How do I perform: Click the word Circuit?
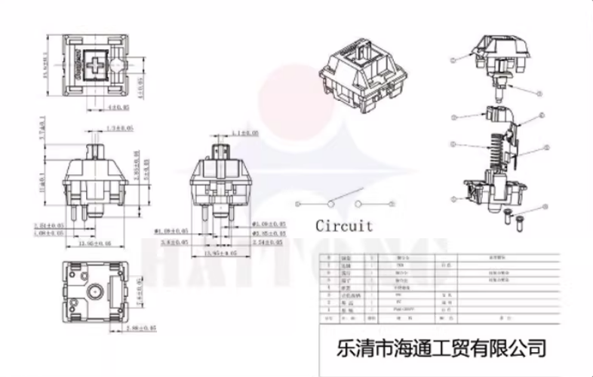pos(344,225)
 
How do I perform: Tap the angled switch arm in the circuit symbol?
pos(343,199)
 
